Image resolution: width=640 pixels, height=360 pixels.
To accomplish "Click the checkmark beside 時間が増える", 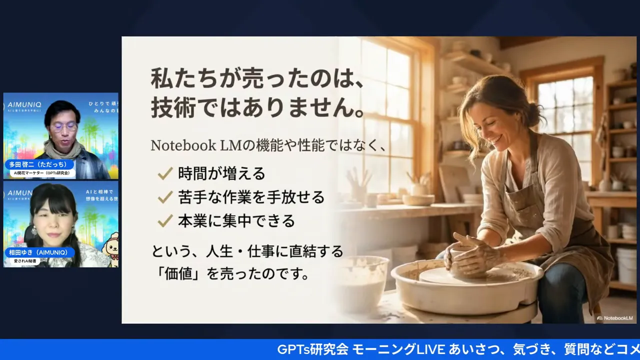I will pyautogui.click(x=165, y=174).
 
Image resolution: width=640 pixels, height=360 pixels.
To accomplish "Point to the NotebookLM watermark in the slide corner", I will pyautogui.click(x=614, y=318).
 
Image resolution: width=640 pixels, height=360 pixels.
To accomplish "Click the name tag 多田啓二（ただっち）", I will pyautogui.click(x=40, y=164).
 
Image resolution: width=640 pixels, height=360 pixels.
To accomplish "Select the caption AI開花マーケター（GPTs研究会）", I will pyautogui.click(x=43, y=173).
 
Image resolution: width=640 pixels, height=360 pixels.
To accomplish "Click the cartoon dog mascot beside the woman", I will pyautogui.click(x=109, y=247).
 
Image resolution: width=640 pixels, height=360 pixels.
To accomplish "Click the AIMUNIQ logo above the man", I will pyautogui.click(x=25, y=105).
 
